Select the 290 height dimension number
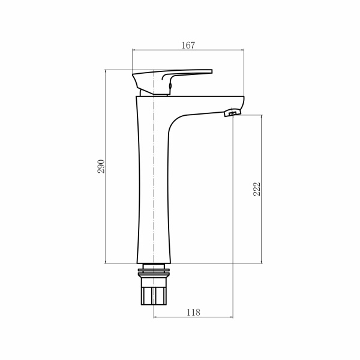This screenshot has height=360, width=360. pyautogui.click(x=101, y=166)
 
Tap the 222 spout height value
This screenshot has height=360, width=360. pyautogui.click(x=256, y=190)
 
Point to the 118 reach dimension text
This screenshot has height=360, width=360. pyautogui.click(x=193, y=312)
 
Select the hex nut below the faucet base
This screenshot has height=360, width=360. pyautogui.click(x=154, y=295)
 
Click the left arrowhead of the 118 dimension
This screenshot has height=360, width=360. pyautogui.click(x=156, y=317)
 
